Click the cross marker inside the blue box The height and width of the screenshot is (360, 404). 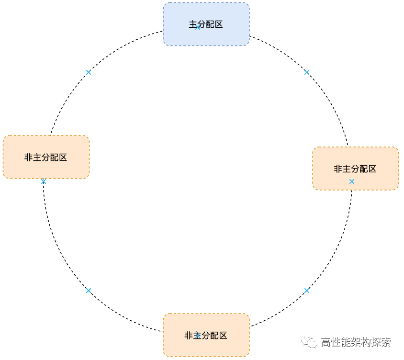pos(198,27)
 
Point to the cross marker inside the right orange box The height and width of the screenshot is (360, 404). pos(352,181)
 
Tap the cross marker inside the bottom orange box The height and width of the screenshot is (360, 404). pos(197,336)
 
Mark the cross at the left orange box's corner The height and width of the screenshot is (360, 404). pos(43,181)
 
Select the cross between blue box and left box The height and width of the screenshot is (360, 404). pos(88,72)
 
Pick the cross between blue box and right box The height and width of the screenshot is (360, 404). pos(307,72)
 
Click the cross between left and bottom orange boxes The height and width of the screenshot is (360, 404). pos(88,291)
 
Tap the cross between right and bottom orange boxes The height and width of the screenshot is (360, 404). pos(307,291)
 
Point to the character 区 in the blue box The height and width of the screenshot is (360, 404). pos(219,24)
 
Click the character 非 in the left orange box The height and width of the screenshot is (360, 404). pos(29,157)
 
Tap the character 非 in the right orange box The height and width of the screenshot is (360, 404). pos(338,169)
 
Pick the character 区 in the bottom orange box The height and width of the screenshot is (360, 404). pos(223,336)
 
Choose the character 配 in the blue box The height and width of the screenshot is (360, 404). pos(210,24)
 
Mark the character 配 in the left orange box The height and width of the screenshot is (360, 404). pos(54,157)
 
